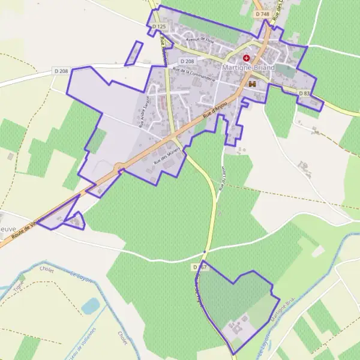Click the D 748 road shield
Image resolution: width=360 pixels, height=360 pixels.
click(x=262, y=13)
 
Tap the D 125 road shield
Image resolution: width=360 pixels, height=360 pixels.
click(x=158, y=27)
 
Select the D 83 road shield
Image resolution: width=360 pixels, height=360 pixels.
click(x=305, y=93)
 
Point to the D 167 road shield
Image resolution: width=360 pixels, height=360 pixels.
click(x=200, y=266)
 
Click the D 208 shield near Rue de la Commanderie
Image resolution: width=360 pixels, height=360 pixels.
click(x=188, y=61)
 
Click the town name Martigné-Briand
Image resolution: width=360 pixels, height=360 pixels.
click(x=248, y=68)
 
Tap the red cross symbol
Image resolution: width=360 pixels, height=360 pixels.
click(x=246, y=58)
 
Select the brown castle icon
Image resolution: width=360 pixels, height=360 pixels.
click(x=252, y=85)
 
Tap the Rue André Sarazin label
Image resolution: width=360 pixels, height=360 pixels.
click(x=143, y=113)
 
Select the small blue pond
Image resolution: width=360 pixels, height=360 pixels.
click(x=90, y=306)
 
